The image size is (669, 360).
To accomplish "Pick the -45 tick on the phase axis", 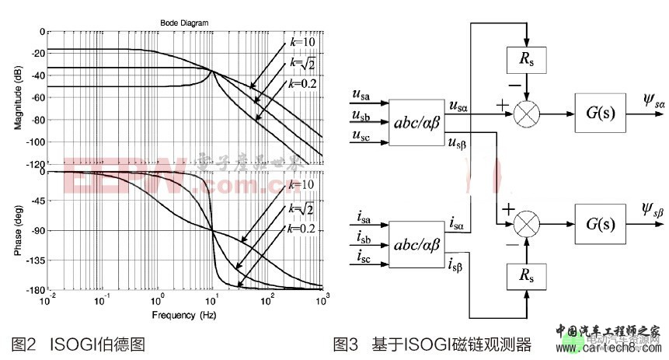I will (37, 201).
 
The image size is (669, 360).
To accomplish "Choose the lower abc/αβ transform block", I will (417, 245).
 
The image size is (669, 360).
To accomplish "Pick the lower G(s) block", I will (599, 226).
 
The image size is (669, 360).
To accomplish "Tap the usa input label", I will (361, 96).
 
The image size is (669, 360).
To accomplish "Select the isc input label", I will (361, 257).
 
